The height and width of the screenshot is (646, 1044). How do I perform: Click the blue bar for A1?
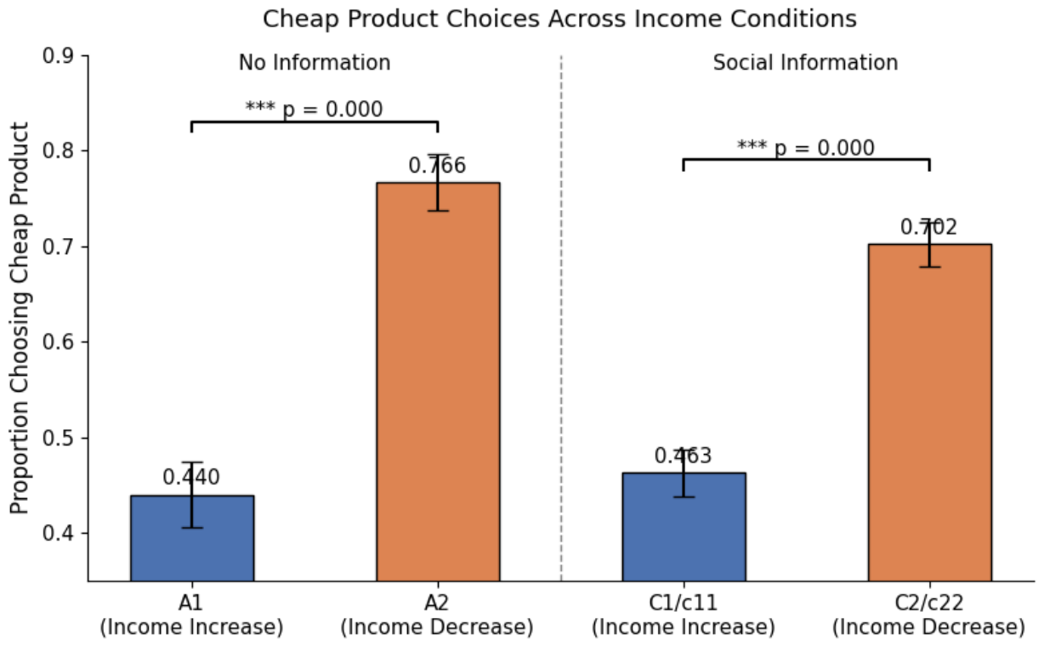click(x=192, y=538)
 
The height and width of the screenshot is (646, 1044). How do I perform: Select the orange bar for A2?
click(x=438, y=382)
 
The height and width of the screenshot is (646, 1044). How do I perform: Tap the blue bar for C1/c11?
click(x=684, y=527)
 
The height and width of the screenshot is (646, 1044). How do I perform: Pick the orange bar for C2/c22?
click(x=930, y=412)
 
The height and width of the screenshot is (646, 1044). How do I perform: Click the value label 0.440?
click(x=191, y=478)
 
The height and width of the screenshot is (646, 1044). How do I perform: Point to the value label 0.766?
click(x=437, y=166)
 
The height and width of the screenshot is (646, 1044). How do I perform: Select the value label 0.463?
click(x=684, y=456)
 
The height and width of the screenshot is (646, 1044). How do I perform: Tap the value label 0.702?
click(x=929, y=228)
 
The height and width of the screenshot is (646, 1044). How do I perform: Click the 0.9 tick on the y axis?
click(x=58, y=56)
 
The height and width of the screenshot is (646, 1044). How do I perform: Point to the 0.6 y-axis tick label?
click(x=58, y=342)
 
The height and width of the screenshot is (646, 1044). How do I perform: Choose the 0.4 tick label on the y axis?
click(x=58, y=533)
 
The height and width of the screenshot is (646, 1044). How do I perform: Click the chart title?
click(x=559, y=20)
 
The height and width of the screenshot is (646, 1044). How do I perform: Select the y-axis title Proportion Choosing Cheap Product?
click(x=20, y=319)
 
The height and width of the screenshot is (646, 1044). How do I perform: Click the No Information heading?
click(x=315, y=62)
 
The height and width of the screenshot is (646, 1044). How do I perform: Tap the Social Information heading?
click(x=805, y=62)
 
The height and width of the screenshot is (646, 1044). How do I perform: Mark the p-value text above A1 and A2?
click(x=314, y=110)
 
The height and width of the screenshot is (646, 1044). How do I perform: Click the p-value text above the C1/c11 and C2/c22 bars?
click(x=806, y=148)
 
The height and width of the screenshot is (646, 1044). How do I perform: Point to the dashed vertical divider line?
click(x=561, y=319)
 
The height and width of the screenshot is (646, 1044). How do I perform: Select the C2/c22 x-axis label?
click(x=929, y=615)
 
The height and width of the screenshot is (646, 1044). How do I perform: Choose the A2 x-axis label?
click(x=437, y=615)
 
